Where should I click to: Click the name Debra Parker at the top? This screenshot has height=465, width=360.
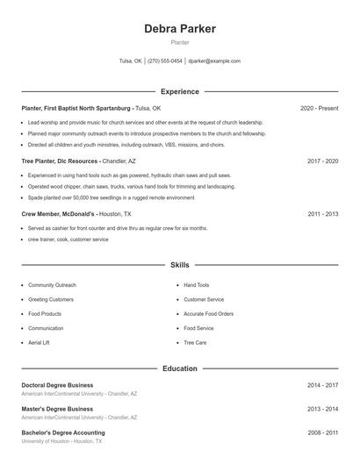(179, 29)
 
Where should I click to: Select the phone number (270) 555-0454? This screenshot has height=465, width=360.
(165, 61)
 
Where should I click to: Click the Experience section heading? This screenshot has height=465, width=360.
(179, 91)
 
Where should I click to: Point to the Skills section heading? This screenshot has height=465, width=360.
(179, 264)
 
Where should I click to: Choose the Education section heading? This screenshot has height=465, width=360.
(179, 368)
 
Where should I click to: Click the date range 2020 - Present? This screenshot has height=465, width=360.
(319, 108)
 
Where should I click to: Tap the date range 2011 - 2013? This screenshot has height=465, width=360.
(322, 214)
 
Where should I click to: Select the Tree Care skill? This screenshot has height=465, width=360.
(195, 342)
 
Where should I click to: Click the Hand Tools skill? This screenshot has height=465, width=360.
(197, 285)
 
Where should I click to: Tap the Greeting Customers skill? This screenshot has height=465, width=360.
(51, 299)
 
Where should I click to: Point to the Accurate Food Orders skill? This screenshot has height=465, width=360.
(208, 314)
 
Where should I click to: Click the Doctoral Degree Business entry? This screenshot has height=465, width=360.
(57, 385)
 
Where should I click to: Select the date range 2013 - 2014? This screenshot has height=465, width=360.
(322, 409)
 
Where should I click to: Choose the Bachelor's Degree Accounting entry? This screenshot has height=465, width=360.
(62, 433)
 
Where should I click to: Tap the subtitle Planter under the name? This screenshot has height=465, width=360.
(179, 42)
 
